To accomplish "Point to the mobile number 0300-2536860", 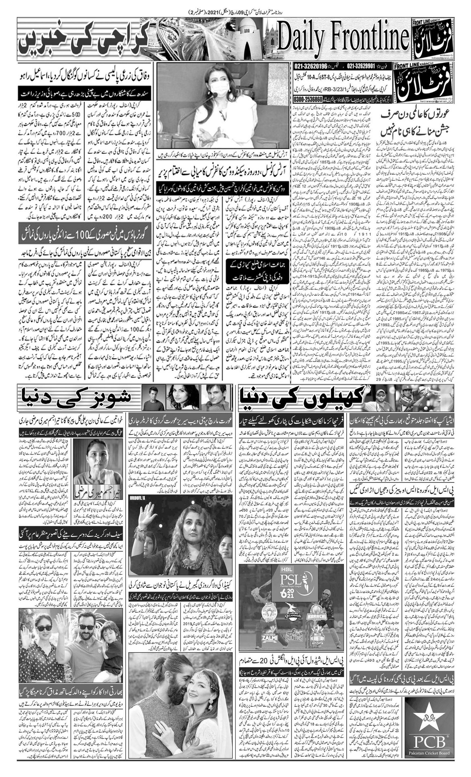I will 308,99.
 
